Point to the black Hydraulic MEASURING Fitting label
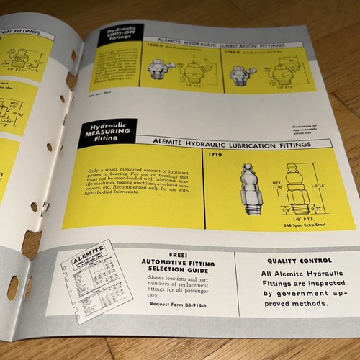(x=106, y=132)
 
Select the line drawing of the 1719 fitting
(x=296, y=190)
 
